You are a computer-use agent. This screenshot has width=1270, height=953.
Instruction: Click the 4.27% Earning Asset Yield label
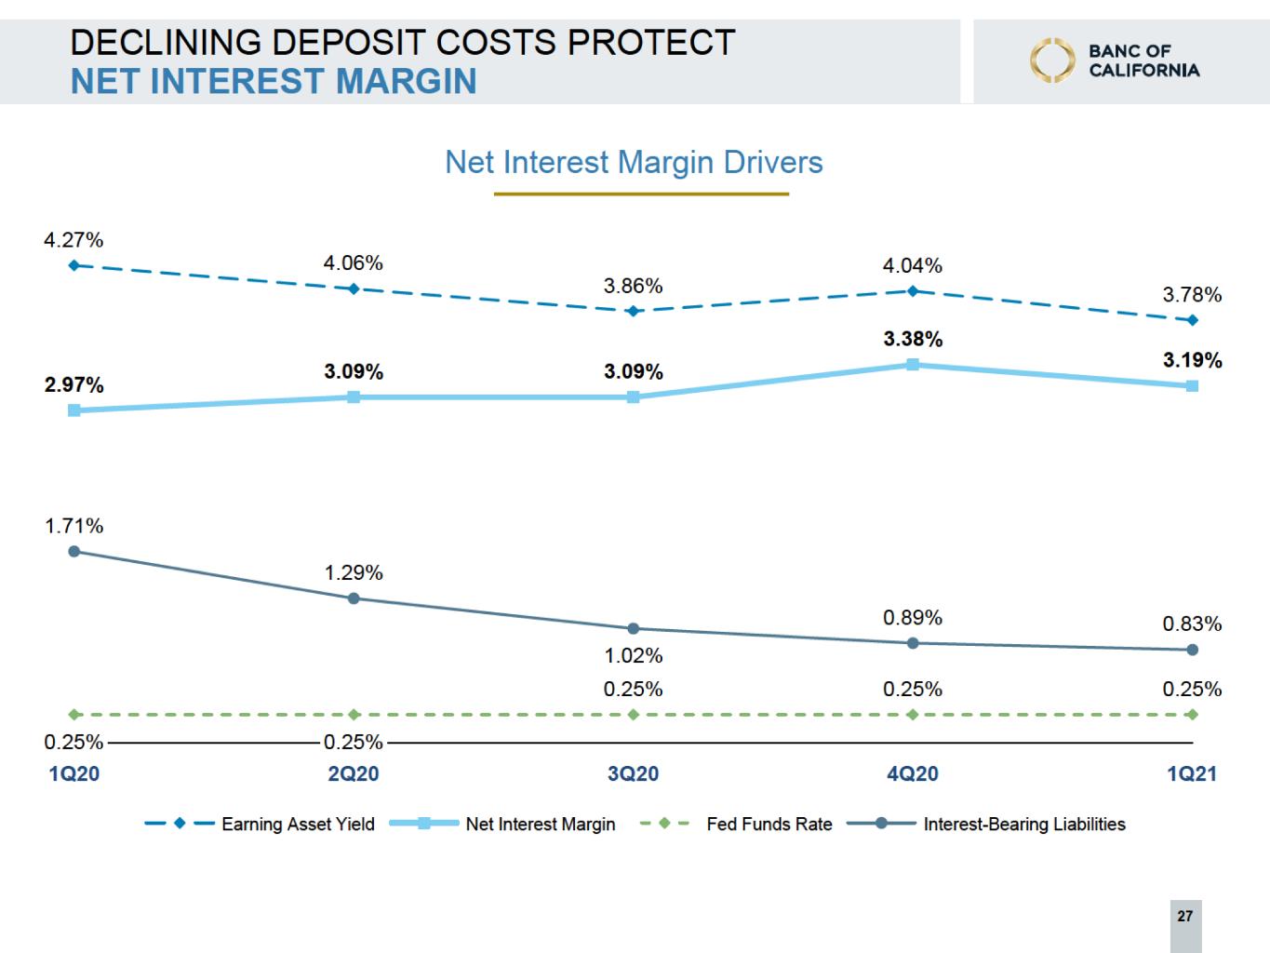74,240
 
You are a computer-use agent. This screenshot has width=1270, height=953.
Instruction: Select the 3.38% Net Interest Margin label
913,340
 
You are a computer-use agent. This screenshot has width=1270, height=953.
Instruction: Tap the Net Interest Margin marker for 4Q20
913,365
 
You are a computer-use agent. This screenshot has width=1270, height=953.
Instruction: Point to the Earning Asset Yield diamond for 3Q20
633,311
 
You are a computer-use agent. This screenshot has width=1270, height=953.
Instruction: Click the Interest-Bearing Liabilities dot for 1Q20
74,551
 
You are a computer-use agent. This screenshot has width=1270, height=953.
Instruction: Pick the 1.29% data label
354,573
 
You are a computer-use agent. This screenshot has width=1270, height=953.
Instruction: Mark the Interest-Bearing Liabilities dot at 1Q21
1193,650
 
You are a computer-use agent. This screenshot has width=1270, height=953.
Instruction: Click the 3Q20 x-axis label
633,774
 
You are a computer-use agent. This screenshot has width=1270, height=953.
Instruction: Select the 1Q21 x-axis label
1192,774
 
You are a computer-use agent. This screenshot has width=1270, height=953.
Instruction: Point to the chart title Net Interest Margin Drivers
634,163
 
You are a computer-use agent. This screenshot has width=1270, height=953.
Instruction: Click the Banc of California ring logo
1051,60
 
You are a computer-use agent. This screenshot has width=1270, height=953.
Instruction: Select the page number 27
1184,917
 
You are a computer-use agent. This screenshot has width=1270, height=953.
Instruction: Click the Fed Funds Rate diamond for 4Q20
913,715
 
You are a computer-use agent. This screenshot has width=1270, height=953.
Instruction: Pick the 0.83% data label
1192,624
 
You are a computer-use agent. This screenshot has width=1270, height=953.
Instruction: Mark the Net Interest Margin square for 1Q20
74,409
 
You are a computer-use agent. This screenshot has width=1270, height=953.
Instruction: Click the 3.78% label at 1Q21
1192,296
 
